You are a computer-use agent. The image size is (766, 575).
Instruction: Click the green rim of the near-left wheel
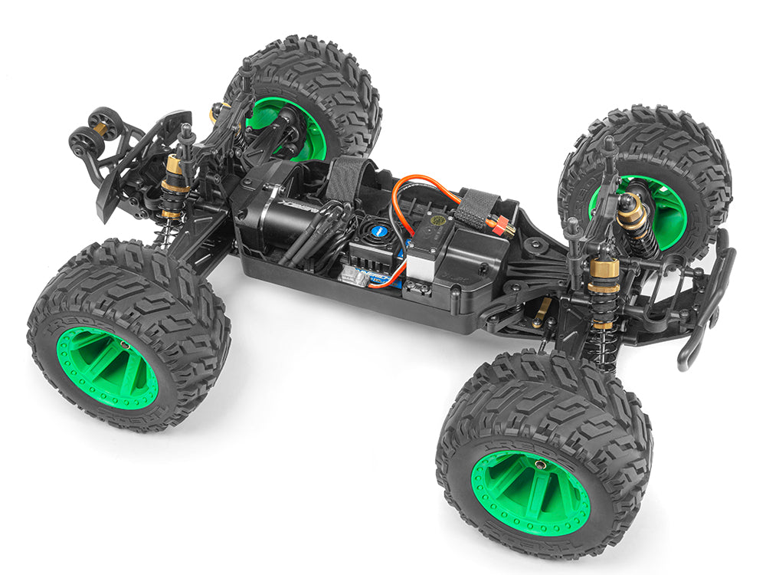point(106,367)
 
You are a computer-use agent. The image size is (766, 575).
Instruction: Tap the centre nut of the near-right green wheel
point(541,465)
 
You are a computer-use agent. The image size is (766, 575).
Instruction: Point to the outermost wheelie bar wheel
point(83,142)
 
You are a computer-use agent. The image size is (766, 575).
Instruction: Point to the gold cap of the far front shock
point(630,212)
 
